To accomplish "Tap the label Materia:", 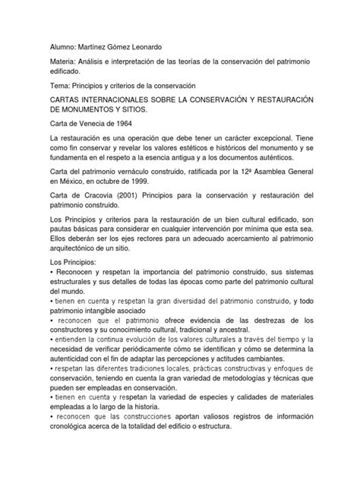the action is tap(46, 59).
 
